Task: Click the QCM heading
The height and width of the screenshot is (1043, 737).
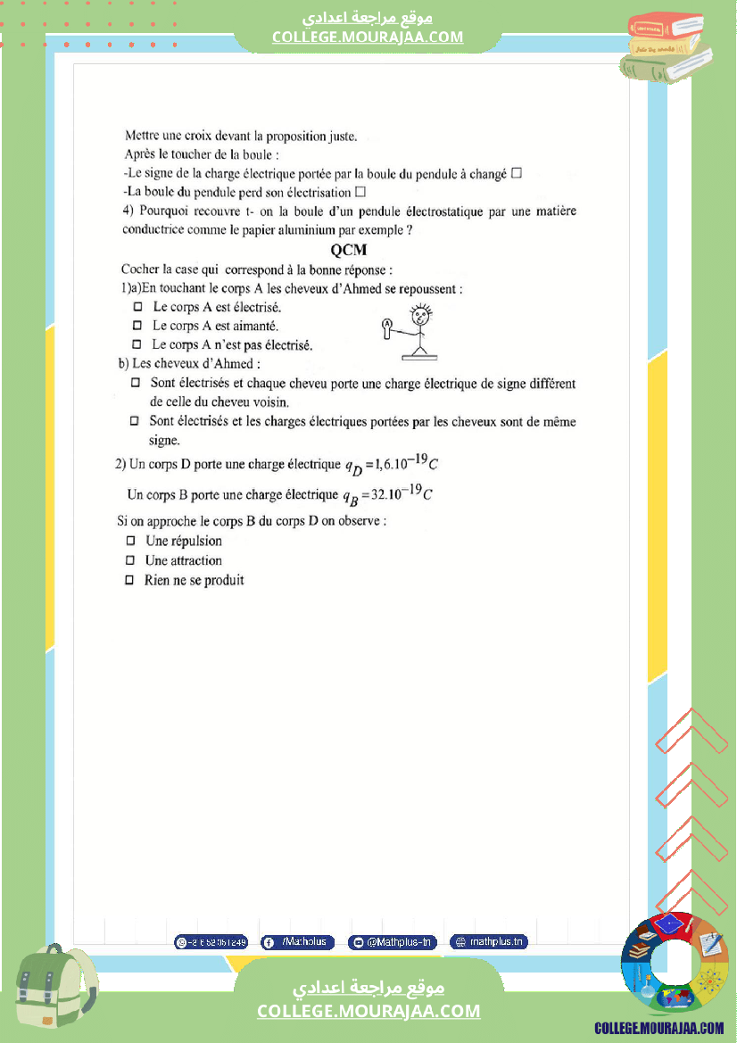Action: click(349, 251)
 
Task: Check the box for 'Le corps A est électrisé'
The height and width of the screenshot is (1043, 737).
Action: click(137, 307)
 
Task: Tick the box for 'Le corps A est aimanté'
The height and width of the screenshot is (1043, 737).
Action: click(137, 326)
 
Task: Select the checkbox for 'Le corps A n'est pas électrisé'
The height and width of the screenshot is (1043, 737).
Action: click(137, 344)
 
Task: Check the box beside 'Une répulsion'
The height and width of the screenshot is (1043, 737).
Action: click(130, 541)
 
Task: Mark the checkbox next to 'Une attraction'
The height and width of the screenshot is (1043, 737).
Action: click(130, 560)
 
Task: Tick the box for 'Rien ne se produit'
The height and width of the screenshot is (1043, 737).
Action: click(130, 580)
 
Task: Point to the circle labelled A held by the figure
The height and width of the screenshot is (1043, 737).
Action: click(386, 324)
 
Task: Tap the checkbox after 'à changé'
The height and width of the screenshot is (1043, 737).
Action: click(516, 174)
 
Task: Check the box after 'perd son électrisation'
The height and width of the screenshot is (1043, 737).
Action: click(360, 192)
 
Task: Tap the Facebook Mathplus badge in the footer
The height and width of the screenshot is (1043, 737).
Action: click(297, 942)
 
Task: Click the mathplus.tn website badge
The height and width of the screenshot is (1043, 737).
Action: click(488, 942)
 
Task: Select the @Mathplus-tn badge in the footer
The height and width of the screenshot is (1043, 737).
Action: click(392, 942)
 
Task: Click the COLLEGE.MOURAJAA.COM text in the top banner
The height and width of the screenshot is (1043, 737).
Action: click(368, 37)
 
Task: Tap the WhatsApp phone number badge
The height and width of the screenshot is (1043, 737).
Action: click(211, 942)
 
